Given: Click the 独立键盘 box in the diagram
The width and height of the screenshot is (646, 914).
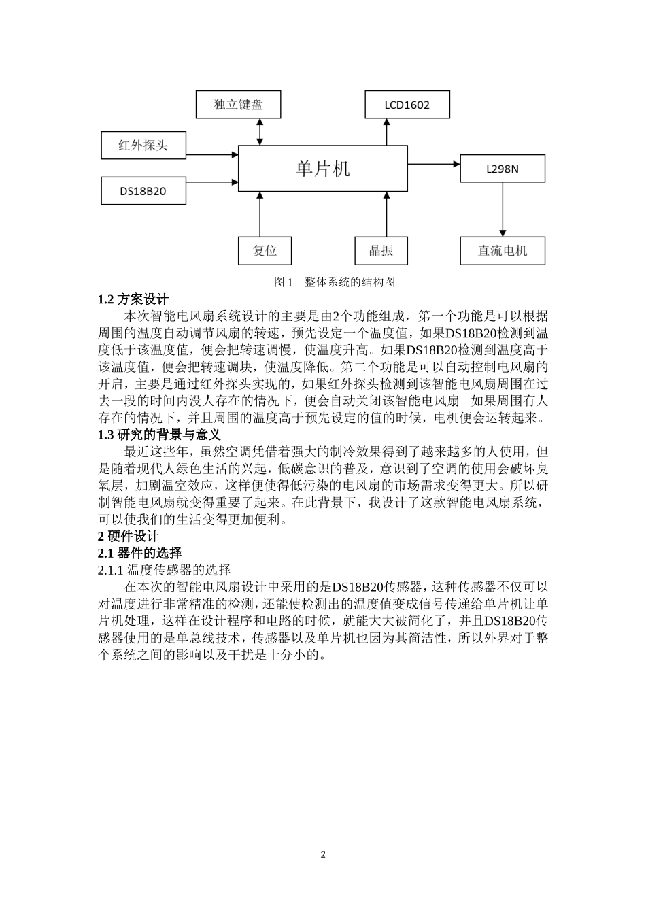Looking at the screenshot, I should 238,104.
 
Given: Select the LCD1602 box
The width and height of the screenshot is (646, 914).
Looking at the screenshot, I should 407,105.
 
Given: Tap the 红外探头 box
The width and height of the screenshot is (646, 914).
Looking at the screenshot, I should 143,145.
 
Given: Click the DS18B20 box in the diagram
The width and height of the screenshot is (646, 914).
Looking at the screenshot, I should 143,191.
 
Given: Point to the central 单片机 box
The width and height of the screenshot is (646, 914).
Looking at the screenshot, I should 322,168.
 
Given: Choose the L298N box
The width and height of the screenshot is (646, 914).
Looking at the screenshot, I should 502,169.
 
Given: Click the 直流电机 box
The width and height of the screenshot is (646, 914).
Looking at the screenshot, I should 502,250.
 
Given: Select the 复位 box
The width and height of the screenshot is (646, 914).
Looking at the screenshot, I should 265,250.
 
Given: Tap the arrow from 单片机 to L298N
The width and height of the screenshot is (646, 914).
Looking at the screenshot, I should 434,164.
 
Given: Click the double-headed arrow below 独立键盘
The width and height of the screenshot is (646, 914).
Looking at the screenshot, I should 260,132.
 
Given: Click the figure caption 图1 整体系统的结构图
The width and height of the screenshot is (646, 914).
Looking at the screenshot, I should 334,282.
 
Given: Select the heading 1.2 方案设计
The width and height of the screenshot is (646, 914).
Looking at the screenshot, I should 133,299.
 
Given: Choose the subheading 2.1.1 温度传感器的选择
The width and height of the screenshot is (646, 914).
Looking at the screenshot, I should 165,570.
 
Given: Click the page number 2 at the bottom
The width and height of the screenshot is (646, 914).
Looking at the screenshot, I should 323,854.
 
